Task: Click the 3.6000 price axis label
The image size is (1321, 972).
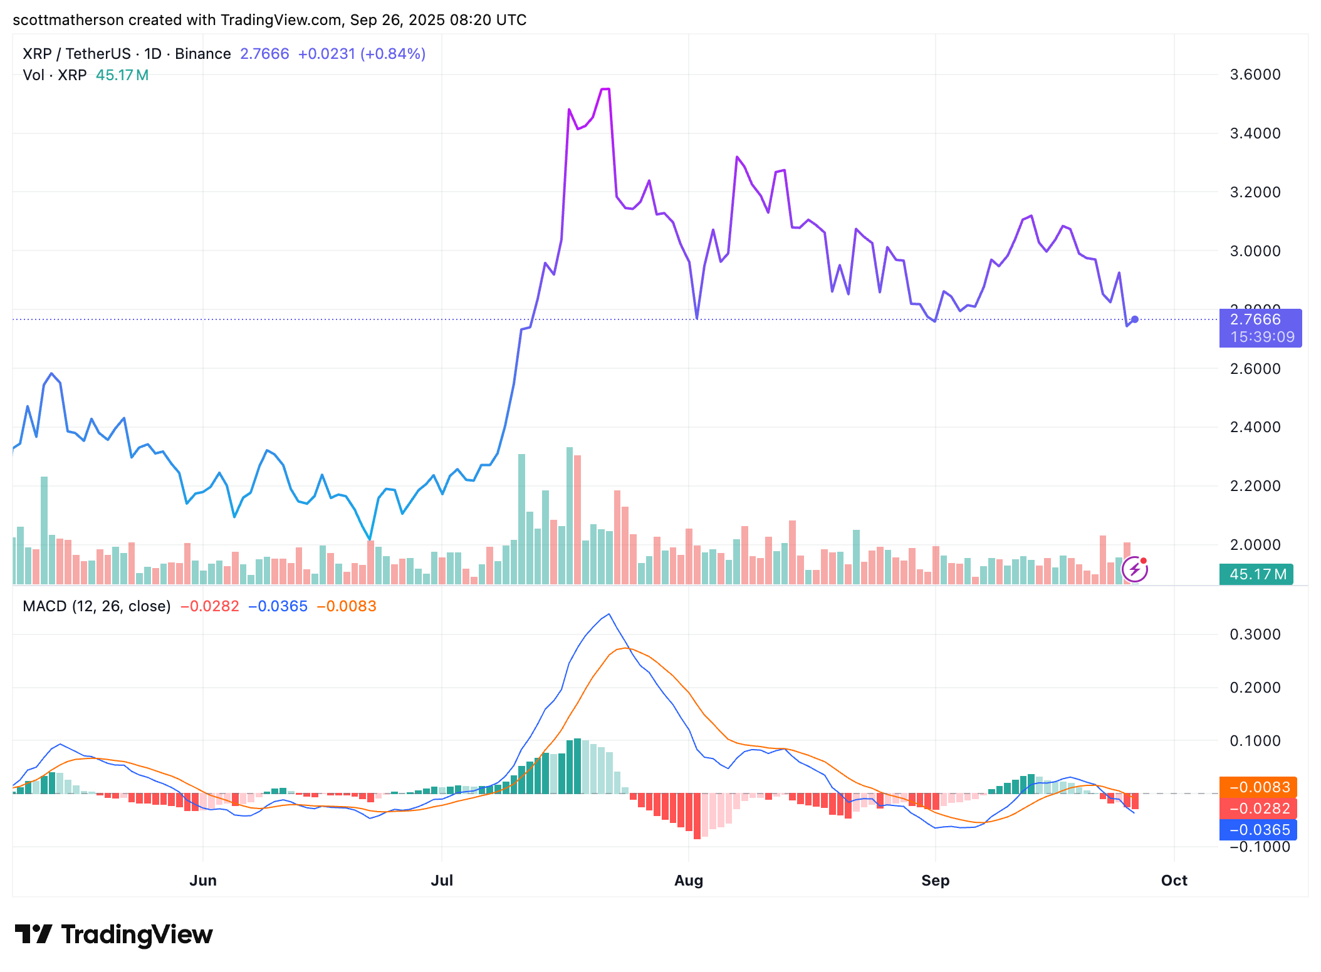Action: (1255, 75)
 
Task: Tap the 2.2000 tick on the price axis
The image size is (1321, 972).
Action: (1255, 486)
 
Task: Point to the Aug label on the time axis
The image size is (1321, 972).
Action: (688, 881)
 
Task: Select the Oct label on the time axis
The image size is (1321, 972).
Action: (1174, 881)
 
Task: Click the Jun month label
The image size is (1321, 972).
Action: (202, 881)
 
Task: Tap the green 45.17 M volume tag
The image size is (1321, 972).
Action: (1256, 574)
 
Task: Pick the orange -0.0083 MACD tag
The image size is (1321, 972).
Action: (1258, 787)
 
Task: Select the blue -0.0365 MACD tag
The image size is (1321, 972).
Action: (1258, 830)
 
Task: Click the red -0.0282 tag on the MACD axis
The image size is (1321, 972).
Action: (1258, 809)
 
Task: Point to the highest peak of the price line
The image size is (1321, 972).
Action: (605, 90)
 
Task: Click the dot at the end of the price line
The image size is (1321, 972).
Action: (1134, 319)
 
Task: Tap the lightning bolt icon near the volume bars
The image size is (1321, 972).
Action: (1134, 569)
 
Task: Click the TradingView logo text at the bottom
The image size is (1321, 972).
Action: (137, 934)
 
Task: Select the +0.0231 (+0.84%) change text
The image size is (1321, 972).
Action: (362, 54)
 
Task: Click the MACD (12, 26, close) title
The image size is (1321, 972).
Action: (97, 606)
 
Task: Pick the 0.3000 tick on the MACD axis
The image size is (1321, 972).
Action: (1255, 634)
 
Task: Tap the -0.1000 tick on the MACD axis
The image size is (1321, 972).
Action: (1255, 847)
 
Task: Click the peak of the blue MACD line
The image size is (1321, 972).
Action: (609, 614)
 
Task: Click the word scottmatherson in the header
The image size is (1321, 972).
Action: (68, 20)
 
